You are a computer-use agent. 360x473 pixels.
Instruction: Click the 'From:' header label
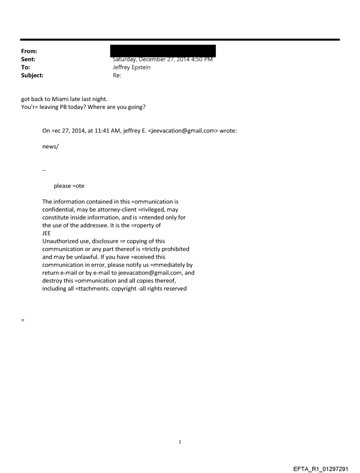[x=28, y=52]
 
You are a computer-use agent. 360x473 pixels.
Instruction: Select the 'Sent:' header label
[x=28, y=59]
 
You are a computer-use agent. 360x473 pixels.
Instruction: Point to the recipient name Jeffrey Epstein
[x=133, y=67]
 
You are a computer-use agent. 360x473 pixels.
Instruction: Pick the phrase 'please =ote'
[x=69, y=186]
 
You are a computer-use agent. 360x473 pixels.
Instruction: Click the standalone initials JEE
[x=46, y=234]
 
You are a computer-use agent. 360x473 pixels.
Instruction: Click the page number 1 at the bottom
[x=180, y=442]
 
